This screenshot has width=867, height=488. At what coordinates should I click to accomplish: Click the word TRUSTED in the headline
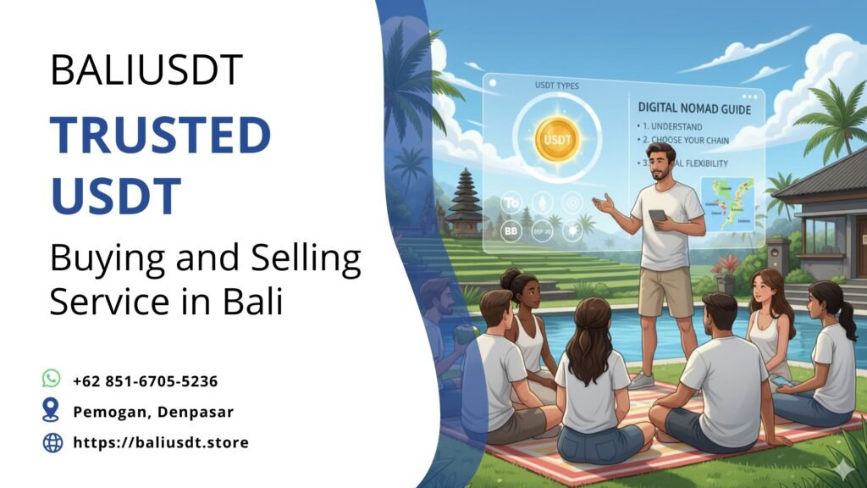point(160,135)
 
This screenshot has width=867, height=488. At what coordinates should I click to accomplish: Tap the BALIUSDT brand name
point(146,69)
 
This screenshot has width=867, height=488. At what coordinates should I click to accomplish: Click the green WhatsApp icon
point(52,379)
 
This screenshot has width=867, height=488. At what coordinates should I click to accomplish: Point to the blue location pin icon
point(52,411)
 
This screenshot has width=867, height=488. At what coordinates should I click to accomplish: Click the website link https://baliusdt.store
point(161,442)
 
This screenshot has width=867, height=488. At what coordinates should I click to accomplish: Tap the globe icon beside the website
point(52,442)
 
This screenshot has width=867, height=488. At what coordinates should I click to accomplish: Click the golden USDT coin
point(557,139)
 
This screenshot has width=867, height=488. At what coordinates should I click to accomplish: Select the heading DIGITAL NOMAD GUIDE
point(694,108)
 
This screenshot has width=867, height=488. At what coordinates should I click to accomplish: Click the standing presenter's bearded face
point(660,161)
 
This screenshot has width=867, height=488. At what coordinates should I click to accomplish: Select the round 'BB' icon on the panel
point(511,230)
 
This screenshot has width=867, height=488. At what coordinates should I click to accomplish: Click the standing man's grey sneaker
point(641,380)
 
